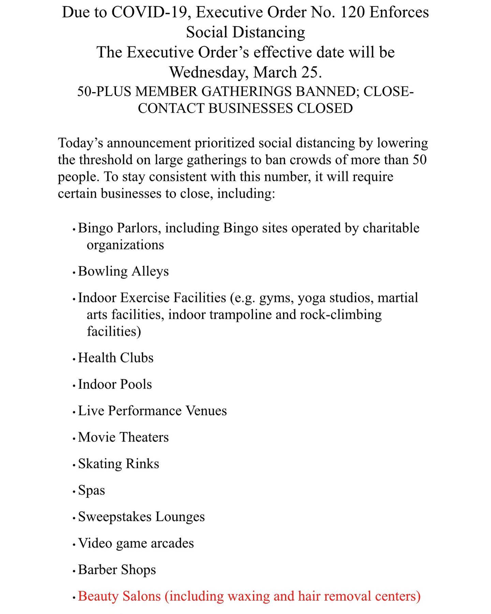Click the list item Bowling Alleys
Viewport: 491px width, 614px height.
pos(123,271)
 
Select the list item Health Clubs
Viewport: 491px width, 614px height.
pos(116,358)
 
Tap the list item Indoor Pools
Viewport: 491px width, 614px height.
pos(115,384)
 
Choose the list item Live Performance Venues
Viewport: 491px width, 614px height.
pos(152,411)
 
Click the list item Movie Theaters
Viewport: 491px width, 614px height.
pos(123,437)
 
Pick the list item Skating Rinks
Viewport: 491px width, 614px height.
pos(119,464)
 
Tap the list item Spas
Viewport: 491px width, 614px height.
pos(91,490)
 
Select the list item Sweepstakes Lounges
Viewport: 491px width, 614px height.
pos(142,517)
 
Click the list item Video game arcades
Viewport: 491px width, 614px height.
pos(136,543)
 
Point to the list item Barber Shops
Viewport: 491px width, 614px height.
pos(117,570)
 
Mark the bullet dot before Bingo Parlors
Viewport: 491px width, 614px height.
pos(74,230)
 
